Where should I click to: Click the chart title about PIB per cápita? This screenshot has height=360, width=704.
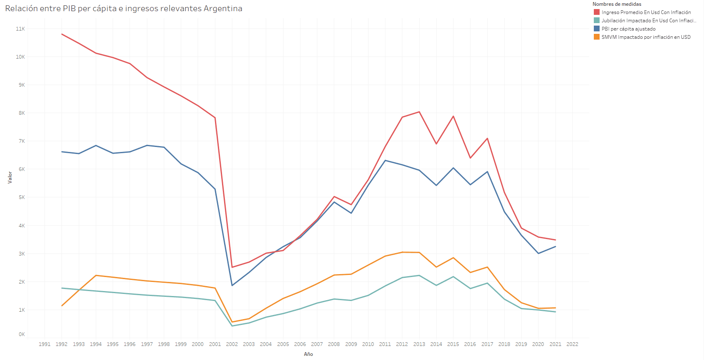click(123, 9)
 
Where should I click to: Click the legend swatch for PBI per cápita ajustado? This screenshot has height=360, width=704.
click(596, 29)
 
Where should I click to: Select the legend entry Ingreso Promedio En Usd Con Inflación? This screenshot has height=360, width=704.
click(646, 12)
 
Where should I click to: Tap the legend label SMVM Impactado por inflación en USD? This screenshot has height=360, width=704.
click(646, 37)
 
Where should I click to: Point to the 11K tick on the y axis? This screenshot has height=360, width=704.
click(20, 29)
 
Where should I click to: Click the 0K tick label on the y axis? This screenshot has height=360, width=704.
click(21, 334)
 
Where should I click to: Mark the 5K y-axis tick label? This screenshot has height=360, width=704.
click(21, 197)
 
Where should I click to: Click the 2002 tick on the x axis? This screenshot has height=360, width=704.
click(232, 344)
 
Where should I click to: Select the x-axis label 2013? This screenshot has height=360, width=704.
click(419, 344)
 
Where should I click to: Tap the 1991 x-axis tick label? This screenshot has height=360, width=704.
click(45, 344)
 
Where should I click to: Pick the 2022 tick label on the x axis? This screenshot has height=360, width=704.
click(572, 344)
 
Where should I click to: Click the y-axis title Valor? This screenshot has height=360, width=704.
click(10, 177)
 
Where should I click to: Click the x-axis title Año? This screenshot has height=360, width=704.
click(308, 354)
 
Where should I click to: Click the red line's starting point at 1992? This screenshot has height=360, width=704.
click(62, 34)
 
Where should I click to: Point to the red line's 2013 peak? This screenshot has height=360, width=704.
click(419, 112)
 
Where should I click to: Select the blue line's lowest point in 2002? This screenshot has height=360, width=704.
click(232, 285)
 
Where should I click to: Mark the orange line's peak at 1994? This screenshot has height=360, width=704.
click(96, 275)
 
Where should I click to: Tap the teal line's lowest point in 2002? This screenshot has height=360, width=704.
click(232, 326)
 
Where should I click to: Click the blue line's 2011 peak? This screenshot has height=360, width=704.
click(385, 160)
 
